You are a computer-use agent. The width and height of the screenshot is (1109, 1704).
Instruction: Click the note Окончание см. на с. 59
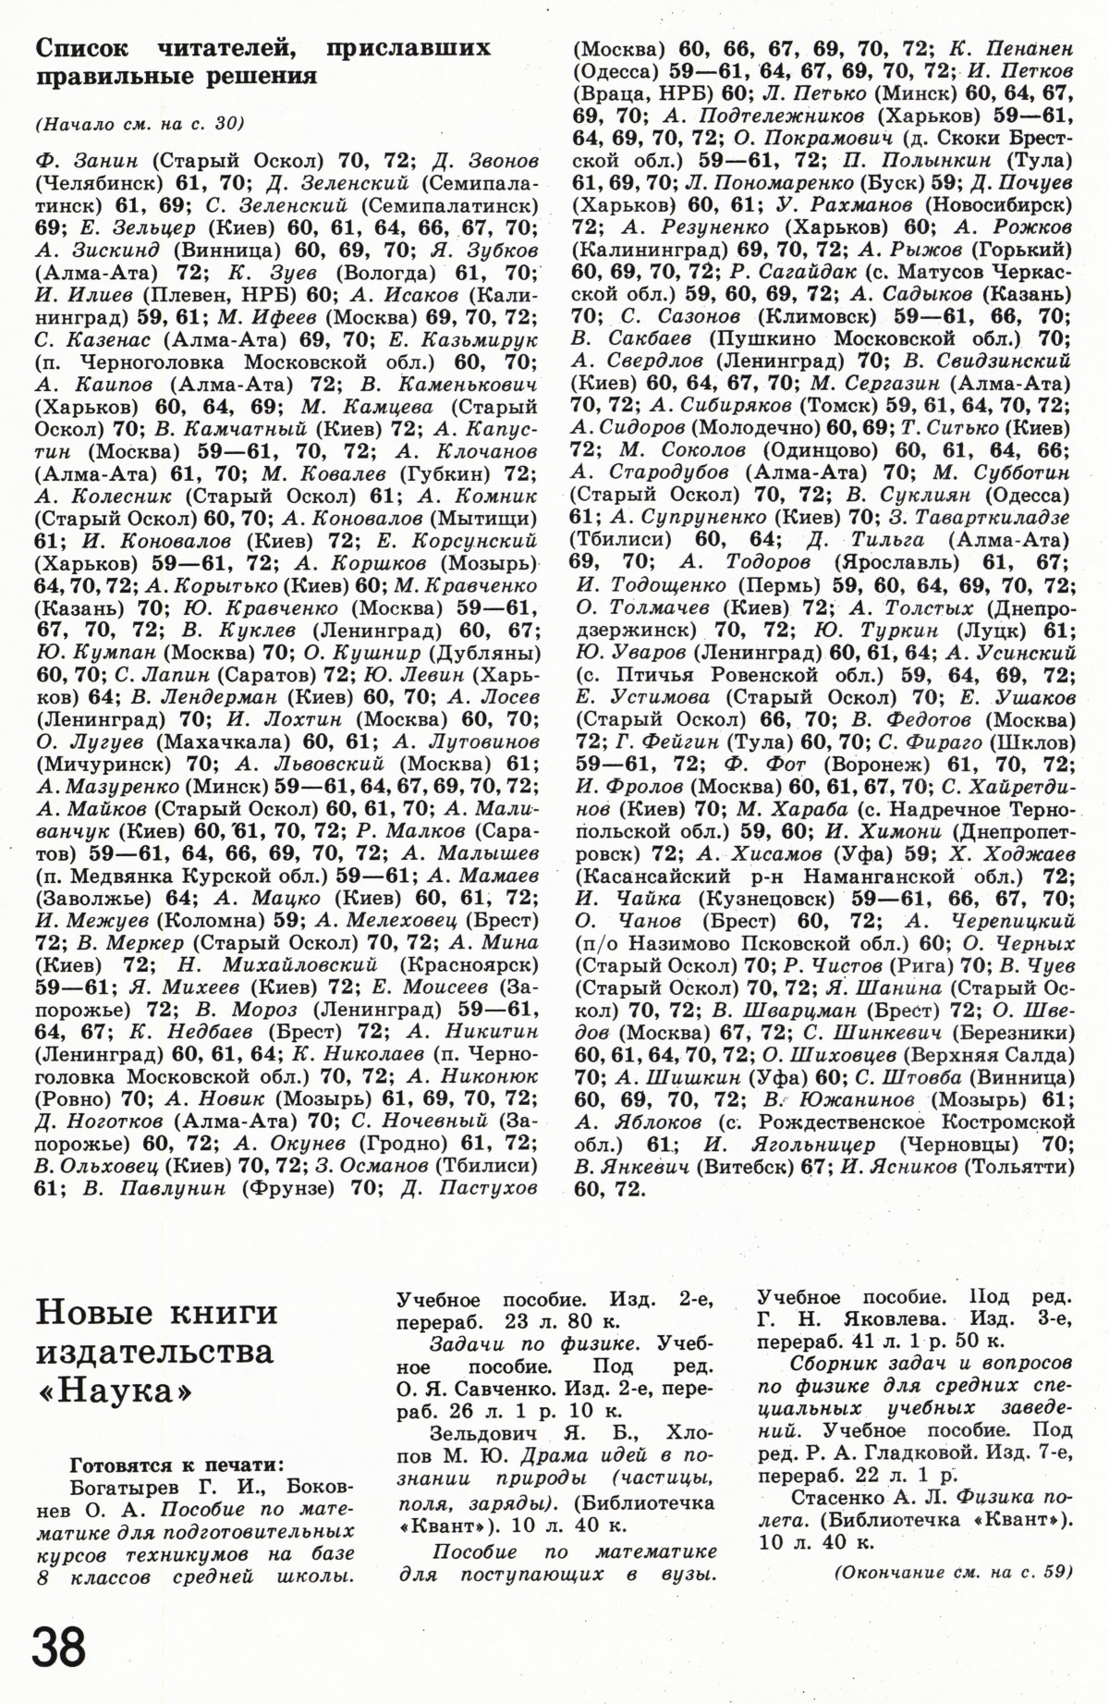pyautogui.click(x=953, y=1569)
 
